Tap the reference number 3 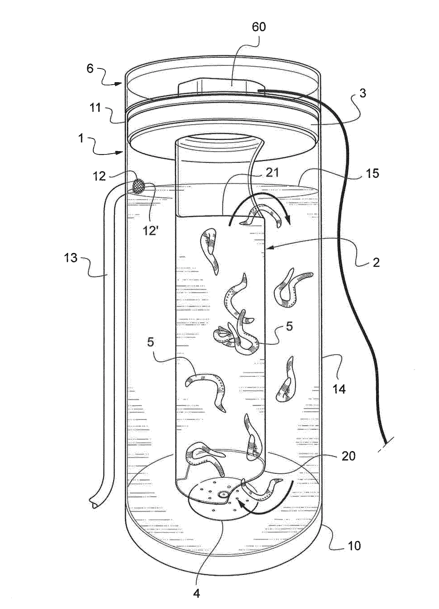[363, 94]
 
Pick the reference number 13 [71, 258]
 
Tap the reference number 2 [376, 262]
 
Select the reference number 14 [339, 389]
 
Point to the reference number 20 [348, 456]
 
